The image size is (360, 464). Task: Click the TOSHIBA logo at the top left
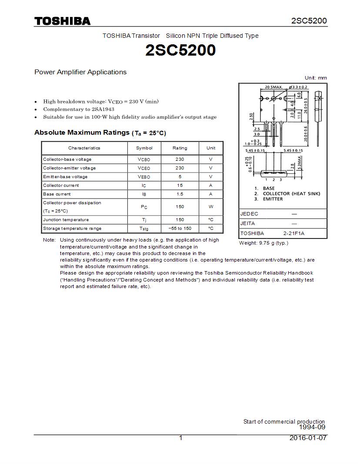coord(62,21)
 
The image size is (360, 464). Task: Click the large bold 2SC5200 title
coord(180,50)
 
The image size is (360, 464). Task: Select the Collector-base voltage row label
coord(67,159)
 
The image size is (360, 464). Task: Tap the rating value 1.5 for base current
coord(180,194)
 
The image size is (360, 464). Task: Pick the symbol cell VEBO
coord(144,177)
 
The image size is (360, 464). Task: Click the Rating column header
coord(180,148)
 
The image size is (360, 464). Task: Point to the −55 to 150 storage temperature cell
coord(180,229)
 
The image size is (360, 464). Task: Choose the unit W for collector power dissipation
coord(211,207)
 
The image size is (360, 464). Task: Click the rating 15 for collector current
coord(180,186)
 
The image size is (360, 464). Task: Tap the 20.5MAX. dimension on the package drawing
coord(273,87)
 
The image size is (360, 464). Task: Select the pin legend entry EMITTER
coord(273,199)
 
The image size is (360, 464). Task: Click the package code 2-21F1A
coord(294,233)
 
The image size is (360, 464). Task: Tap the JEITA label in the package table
coord(248,223)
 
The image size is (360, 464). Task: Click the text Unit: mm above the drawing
coord(316,78)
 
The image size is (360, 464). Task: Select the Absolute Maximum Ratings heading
coord(82,133)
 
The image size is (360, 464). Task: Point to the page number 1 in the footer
coord(181,438)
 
